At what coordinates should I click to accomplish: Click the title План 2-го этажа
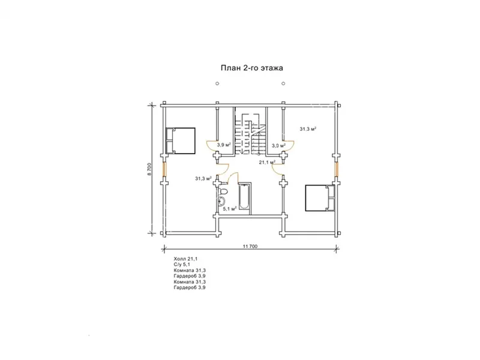(251, 68)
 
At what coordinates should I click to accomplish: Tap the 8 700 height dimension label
(149, 169)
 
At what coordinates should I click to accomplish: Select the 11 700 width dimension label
(250, 247)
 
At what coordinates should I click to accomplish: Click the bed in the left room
(181, 141)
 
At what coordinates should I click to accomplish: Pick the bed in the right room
(320, 198)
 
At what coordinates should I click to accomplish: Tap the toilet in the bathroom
(223, 192)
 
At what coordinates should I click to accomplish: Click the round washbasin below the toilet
(221, 201)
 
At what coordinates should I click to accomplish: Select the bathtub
(244, 197)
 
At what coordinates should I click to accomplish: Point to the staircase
(250, 135)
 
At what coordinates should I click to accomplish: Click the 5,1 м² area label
(230, 209)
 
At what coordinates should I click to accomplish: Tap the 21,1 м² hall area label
(267, 162)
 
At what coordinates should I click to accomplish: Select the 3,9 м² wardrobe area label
(224, 145)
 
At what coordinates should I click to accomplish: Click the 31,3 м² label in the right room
(308, 129)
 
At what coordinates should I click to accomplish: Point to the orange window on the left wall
(164, 169)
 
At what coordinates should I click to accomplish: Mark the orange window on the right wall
(337, 169)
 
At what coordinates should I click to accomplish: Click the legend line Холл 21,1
(185, 259)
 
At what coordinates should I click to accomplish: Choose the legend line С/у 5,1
(182, 264)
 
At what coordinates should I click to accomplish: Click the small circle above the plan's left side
(217, 83)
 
